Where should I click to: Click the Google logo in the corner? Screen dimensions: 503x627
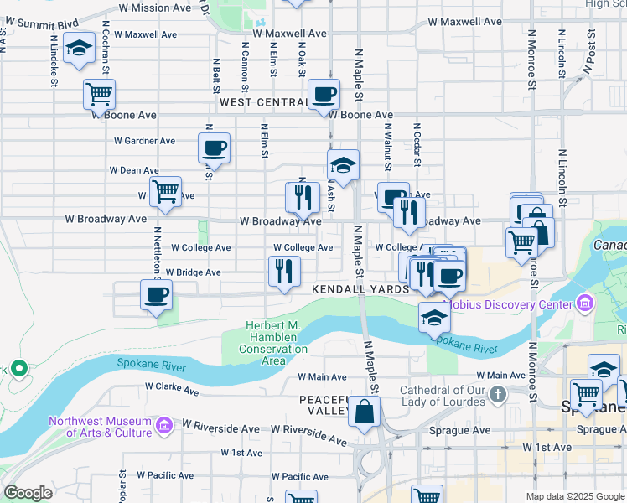pos(28,493)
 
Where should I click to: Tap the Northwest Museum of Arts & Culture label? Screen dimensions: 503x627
pos(101,427)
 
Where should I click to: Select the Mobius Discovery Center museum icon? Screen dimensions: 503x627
pos(584,303)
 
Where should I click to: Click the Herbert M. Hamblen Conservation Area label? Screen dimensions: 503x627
pos(273,343)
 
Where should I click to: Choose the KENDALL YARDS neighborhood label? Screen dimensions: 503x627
pos(360,288)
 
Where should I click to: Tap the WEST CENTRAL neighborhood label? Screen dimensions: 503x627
pos(263,102)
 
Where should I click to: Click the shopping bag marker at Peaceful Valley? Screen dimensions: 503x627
pos(365,412)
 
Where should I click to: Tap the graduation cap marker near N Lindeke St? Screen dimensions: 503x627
pos(79,49)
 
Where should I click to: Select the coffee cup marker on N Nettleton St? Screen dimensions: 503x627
pos(156,295)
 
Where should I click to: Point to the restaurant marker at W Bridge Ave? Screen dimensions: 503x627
pos(284,270)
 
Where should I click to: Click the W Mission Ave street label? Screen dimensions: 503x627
pos(155,8)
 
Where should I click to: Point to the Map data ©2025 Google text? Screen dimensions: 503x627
pos(575,496)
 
